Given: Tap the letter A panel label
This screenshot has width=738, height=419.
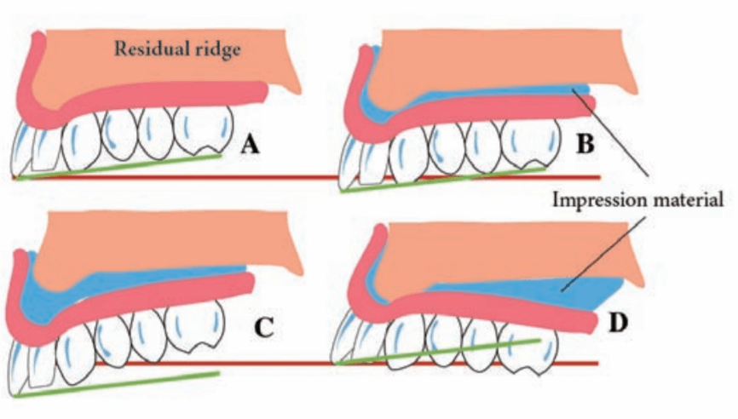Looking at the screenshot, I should click(249, 146).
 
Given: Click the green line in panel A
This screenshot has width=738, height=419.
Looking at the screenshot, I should click(128, 166).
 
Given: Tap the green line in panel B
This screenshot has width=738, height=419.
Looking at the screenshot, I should click(443, 180).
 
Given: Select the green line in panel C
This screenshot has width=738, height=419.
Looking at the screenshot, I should click(119, 384).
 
